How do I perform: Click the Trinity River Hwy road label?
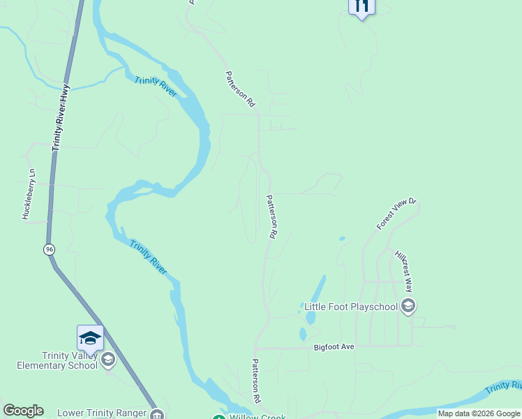[x=62, y=117]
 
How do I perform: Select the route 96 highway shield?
[x=49, y=249]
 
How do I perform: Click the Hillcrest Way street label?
[x=404, y=272]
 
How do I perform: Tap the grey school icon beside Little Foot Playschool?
[x=408, y=307]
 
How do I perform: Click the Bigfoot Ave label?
[x=334, y=347]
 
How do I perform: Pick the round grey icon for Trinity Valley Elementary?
[x=107, y=360]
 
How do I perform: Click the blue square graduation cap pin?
[x=90, y=339]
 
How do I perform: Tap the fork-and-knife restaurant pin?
[x=361, y=7]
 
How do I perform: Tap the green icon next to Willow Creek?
[x=218, y=418]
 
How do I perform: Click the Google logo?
[x=23, y=411]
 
